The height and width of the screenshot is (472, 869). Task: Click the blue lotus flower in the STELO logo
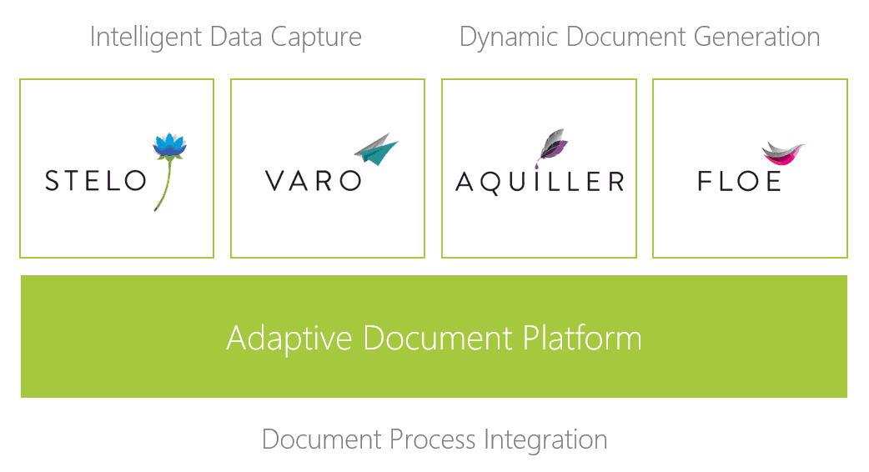coord(169,145)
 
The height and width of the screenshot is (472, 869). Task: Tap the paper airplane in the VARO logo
coord(376,148)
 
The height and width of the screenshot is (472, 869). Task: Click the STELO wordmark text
coord(95,181)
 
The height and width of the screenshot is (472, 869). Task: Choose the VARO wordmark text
coord(313,181)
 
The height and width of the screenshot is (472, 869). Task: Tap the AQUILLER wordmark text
coord(540,183)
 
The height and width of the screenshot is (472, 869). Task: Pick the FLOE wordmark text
coord(739,181)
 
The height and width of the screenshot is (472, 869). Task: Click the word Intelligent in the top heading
coord(146,38)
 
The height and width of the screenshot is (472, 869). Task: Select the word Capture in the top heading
coord(316,38)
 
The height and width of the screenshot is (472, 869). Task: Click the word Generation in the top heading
coord(756,38)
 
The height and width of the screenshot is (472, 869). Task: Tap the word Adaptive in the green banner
coord(289,339)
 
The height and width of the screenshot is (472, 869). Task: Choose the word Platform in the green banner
coord(582,338)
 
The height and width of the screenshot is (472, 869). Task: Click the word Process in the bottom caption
coord(432,439)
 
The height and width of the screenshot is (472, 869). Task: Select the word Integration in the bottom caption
coord(545,440)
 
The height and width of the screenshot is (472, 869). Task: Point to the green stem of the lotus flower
coord(164,184)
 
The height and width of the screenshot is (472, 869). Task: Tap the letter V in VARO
coord(275,181)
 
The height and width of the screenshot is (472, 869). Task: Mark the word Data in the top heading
coord(235,38)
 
